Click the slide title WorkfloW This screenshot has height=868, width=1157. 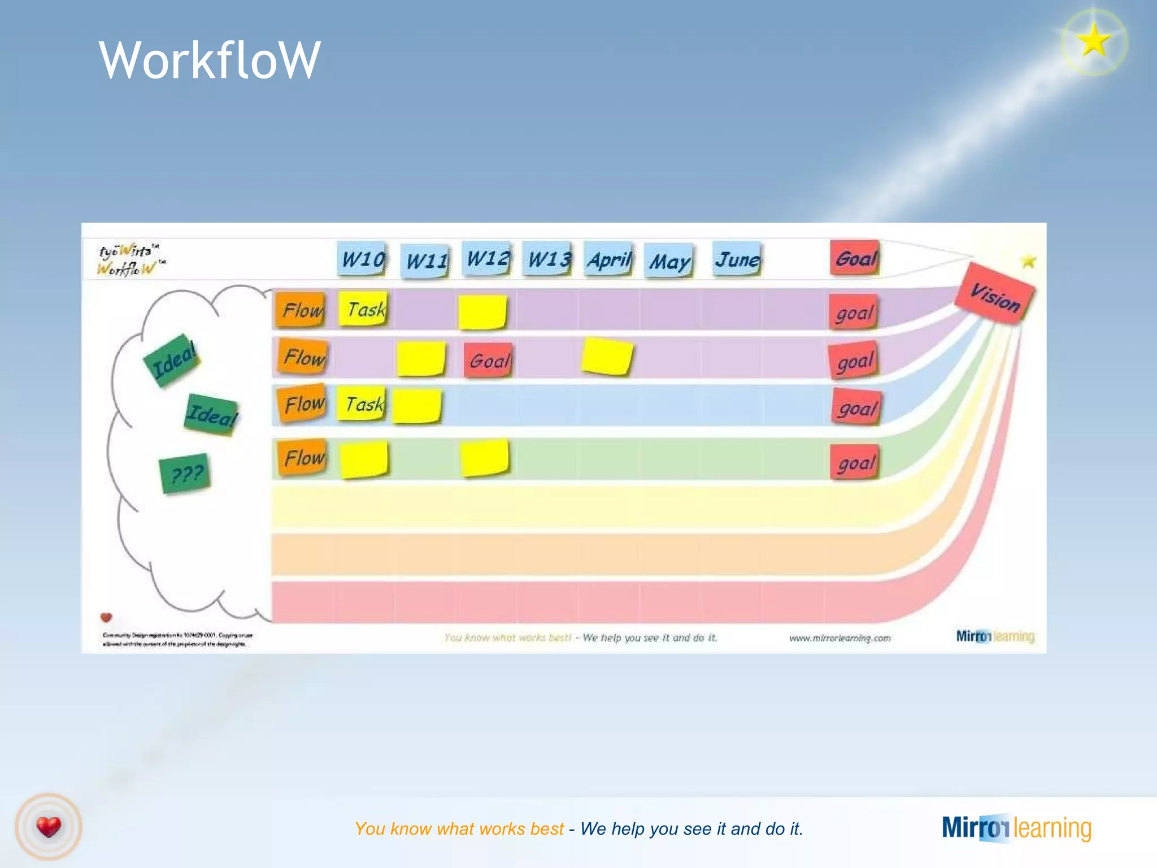point(210,60)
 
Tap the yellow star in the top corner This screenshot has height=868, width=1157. point(1094,41)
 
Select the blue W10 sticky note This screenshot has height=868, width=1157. point(362,259)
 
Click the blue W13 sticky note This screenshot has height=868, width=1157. point(547,259)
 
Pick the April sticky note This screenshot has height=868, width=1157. point(608,259)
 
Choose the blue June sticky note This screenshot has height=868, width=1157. point(737,259)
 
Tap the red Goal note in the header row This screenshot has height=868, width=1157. point(855,258)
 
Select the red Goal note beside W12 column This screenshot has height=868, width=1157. point(489,360)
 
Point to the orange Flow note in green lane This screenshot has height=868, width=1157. point(303,457)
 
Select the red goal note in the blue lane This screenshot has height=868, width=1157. point(856,407)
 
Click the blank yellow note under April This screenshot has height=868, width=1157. point(607,357)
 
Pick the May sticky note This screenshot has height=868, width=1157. point(669,261)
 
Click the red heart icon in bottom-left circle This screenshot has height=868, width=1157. point(49,827)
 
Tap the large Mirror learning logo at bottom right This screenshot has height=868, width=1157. point(1016,828)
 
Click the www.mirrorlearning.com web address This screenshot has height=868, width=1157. point(840,638)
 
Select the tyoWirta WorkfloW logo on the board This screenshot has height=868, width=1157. point(130,259)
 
